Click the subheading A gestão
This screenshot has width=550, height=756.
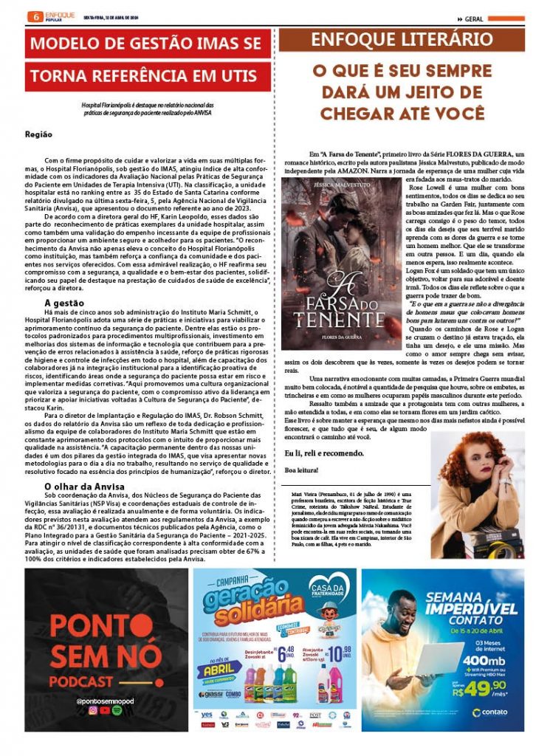64,302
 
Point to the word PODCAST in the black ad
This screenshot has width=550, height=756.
89,681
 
